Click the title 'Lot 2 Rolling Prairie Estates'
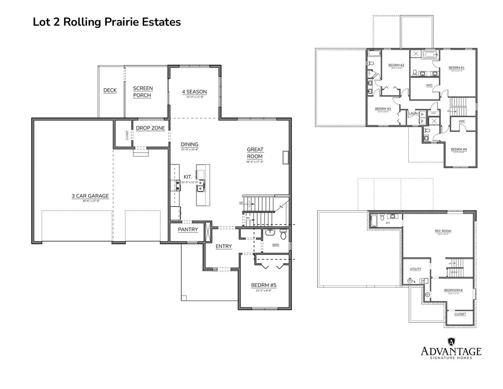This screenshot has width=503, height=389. (x=107, y=22)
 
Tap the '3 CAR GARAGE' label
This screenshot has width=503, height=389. (x=90, y=196)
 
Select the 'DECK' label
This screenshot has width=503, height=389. (x=110, y=90)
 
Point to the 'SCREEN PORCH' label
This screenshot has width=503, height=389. (x=143, y=92)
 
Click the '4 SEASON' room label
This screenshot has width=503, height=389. (x=194, y=92)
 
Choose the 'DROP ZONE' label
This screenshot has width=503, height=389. (x=150, y=128)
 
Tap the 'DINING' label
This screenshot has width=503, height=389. (x=190, y=144)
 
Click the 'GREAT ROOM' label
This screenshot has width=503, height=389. (x=255, y=153)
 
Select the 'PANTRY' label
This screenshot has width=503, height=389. (x=188, y=230)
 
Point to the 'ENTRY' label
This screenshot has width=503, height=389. (x=224, y=246)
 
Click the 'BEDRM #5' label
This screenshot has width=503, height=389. (x=264, y=285)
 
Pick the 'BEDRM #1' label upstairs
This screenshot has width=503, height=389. (x=456, y=68)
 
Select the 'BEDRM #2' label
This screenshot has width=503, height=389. (x=396, y=65)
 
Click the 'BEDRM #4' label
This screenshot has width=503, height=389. (x=459, y=150)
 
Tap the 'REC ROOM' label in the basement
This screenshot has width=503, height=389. (x=443, y=231)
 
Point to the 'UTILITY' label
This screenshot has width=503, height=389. (x=416, y=269)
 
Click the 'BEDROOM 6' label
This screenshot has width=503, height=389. (x=453, y=290)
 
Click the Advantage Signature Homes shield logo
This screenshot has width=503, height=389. (x=451, y=342)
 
